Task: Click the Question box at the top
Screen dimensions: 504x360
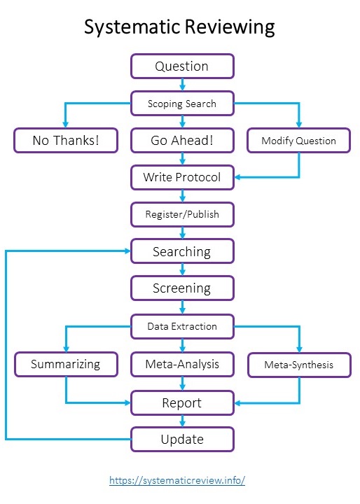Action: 182,66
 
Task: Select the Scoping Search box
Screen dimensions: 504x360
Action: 182,104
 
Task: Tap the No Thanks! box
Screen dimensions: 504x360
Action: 66,141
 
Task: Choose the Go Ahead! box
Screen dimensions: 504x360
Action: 182,141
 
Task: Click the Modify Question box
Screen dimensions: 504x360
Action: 298,141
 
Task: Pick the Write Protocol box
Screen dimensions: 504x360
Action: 182,177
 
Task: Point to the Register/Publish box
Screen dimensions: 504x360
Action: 182,214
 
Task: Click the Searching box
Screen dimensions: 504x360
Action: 182,251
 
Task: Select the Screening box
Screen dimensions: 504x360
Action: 182,288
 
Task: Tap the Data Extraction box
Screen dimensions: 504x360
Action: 182,326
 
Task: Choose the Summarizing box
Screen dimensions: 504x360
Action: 66,364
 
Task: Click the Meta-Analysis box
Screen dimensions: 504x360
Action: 182,364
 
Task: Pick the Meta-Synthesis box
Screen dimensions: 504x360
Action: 298,364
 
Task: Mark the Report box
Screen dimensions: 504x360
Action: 182,402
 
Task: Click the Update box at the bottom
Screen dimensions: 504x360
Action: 182,440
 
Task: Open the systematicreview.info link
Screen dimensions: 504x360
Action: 177,481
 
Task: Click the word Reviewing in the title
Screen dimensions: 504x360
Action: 230,28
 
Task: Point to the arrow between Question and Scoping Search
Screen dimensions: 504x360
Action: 182,85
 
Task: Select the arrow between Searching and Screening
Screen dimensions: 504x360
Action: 182,269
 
